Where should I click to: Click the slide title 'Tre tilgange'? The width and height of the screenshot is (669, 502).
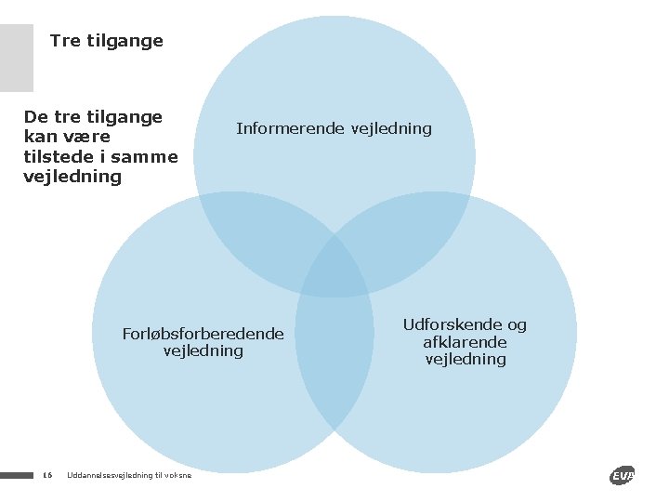(x=106, y=41)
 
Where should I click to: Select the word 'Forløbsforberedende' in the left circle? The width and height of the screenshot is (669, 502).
(x=203, y=334)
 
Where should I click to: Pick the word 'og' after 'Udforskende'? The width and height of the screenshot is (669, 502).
(x=516, y=324)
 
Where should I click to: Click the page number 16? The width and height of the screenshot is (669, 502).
(x=47, y=476)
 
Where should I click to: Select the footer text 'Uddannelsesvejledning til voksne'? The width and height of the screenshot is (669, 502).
(x=129, y=476)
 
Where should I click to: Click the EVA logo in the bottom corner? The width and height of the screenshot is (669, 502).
(x=622, y=476)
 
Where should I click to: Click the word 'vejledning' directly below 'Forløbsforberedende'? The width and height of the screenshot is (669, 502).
(x=203, y=350)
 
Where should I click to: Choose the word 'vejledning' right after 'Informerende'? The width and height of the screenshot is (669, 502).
(x=389, y=128)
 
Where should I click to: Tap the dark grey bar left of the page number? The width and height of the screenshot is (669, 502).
(x=16, y=476)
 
